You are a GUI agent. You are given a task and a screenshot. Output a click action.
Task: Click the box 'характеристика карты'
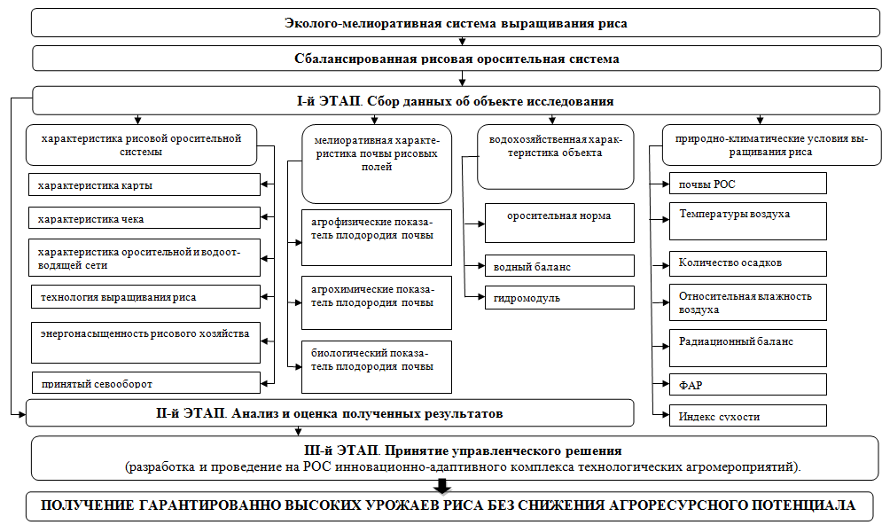(x=144, y=184)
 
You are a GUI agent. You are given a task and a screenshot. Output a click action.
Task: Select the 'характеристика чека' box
(x=144, y=218)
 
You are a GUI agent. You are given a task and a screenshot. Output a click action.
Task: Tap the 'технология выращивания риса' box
(x=145, y=296)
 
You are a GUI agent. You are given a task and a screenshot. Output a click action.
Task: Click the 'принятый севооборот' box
(x=145, y=382)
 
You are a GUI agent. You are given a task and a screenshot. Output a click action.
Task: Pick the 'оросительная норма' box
(x=559, y=223)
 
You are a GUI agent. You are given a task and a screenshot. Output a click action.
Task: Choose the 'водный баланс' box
(x=559, y=265)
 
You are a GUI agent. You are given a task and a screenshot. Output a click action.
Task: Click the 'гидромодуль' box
(x=559, y=298)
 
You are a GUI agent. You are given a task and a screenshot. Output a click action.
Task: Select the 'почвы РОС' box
(x=748, y=184)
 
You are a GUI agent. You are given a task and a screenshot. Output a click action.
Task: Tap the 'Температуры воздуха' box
(x=748, y=221)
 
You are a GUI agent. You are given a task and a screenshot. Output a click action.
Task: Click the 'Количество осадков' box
(x=748, y=263)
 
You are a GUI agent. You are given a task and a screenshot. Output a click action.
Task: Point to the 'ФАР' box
(x=748, y=384)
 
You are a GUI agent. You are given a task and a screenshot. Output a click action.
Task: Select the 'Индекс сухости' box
(x=748, y=415)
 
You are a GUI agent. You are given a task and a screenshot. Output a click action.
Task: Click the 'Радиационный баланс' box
(x=748, y=348)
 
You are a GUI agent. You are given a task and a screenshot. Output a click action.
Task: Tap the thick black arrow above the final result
(x=442, y=486)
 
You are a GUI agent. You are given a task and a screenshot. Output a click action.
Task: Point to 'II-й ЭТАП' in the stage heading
(x=190, y=413)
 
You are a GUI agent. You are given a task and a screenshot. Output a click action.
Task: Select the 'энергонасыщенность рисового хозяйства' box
(x=145, y=342)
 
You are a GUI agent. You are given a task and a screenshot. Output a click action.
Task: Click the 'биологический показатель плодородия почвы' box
(x=377, y=367)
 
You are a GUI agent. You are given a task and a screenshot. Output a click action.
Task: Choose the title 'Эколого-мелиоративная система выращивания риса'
(x=456, y=24)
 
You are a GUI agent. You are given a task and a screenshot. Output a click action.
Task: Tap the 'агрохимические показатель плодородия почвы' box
(x=377, y=302)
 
